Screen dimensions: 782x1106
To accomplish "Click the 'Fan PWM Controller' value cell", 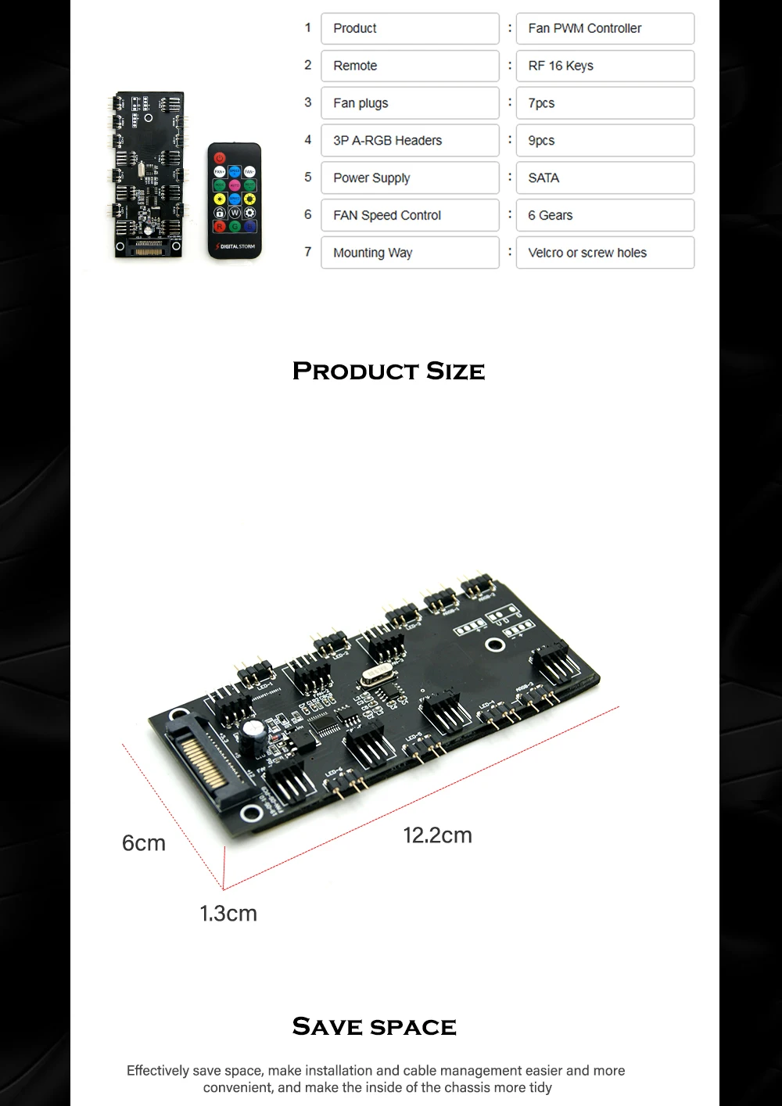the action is tap(604, 28).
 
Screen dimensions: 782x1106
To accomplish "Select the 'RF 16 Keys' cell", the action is tap(604, 66).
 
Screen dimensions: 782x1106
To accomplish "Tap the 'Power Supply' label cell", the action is tap(410, 178).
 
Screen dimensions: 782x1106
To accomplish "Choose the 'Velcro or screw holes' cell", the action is tap(604, 253).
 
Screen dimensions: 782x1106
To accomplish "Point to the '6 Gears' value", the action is tap(604, 215).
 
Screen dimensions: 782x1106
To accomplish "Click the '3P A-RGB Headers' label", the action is tap(410, 141).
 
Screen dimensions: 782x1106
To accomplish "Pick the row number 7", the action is tap(308, 252).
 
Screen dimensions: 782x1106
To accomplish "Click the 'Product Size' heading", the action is tap(389, 371).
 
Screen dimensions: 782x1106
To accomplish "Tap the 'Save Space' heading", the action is tap(374, 1026).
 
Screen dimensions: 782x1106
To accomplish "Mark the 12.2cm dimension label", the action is tap(437, 835).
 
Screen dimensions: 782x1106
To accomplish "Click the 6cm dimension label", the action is tap(144, 843).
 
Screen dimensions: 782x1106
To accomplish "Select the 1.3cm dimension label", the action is tap(228, 914).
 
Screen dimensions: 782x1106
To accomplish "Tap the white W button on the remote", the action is tap(235, 213).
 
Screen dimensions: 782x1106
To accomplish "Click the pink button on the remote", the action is tap(235, 185).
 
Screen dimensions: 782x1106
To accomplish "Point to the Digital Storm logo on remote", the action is tap(235, 246).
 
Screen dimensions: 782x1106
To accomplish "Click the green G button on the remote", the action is tap(235, 227).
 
